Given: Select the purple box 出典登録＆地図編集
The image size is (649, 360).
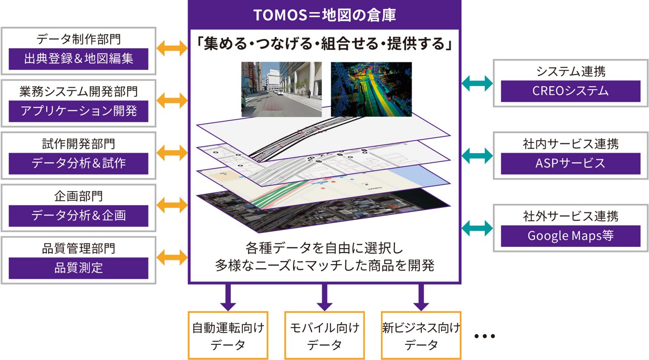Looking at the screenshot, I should point(79,59).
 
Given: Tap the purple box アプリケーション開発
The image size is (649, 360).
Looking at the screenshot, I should point(79,111).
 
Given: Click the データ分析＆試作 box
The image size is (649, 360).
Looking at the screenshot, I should point(79,163).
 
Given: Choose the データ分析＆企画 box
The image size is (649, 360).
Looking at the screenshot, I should point(79,215).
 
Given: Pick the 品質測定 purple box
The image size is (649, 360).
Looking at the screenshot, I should point(79,268).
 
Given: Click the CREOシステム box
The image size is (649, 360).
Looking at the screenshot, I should point(570,91).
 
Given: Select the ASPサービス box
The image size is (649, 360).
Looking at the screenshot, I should point(570,163).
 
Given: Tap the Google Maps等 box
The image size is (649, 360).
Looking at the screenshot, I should point(570,236).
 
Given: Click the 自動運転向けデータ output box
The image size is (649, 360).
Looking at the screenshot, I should point(228,336).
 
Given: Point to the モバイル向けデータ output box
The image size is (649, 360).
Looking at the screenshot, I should point(324,336).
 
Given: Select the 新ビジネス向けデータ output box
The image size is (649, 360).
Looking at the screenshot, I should point(421,336).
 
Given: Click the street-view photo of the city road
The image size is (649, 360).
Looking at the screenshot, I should point(281,89).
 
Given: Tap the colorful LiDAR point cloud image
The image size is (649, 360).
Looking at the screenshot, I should point(371,89).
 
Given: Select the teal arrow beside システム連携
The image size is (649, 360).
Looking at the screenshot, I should point(477,84).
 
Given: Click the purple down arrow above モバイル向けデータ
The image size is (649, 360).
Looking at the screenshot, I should point(324,297).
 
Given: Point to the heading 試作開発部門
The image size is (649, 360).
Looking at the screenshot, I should point(79,143).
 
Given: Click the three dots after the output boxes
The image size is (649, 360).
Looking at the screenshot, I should point(484,336).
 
